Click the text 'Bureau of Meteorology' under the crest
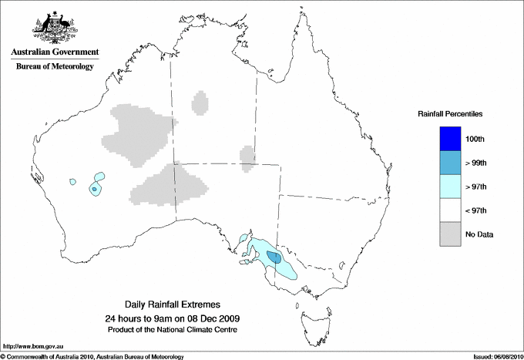pyautogui.click(x=55, y=66)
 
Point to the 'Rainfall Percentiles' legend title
pyautogui.click(x=451, y=114)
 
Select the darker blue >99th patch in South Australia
pyautogui.click(x=274, y=257)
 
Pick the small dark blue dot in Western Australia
pyautogui.click(x=94, y=189)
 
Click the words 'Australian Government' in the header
pyautogui.click(x=55, y=52)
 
